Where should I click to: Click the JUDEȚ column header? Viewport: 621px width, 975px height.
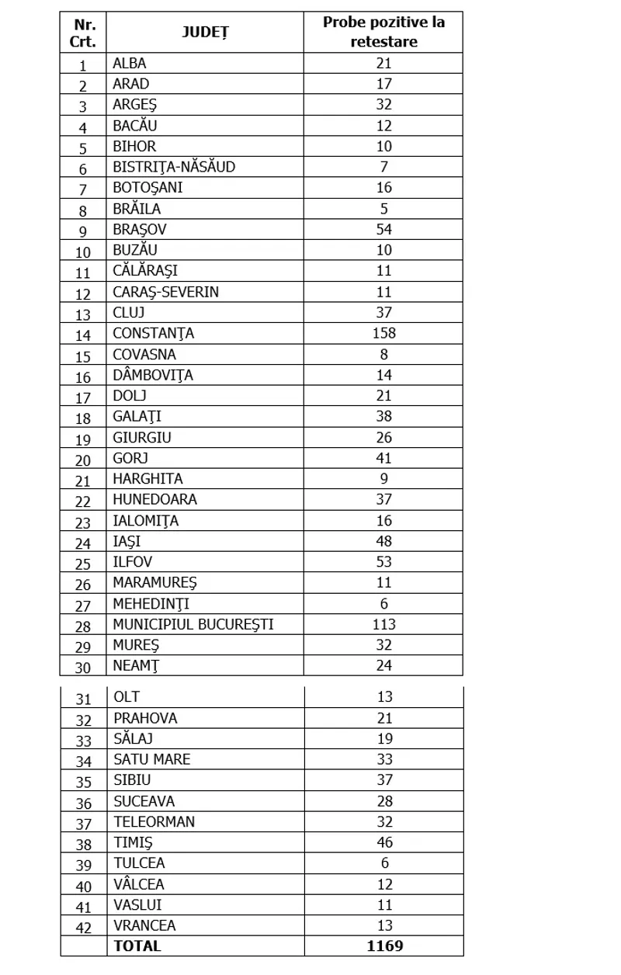point(205,32)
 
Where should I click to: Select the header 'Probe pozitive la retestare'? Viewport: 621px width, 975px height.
point(383,32)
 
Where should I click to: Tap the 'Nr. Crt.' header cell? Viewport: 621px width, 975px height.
point(83,33)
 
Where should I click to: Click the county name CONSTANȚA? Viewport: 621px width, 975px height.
point(153,334)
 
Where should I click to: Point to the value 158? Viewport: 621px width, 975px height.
point(383,334)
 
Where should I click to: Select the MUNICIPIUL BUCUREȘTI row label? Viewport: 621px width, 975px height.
point(193,624)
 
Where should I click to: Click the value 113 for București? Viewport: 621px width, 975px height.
point(383,624)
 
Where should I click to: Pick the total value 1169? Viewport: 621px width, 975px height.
point(384,946)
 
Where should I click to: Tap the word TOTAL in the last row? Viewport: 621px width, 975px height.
point(137,946)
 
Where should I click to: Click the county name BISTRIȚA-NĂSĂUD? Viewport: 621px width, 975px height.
point(174,167)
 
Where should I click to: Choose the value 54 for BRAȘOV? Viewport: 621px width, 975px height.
point(383,230)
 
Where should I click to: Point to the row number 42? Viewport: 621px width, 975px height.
point(83,927)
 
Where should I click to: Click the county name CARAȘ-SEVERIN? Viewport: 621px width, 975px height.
point(165,292)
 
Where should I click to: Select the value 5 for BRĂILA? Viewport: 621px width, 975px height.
point(383,209)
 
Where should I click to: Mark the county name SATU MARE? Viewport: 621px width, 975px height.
point(151,760)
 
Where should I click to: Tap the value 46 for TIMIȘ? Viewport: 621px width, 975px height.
point(384,842)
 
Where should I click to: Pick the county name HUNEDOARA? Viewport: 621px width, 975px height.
point(154,499)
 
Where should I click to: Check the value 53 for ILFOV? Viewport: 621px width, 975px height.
point(383,562)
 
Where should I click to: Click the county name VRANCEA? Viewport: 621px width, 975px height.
point(144,925)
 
